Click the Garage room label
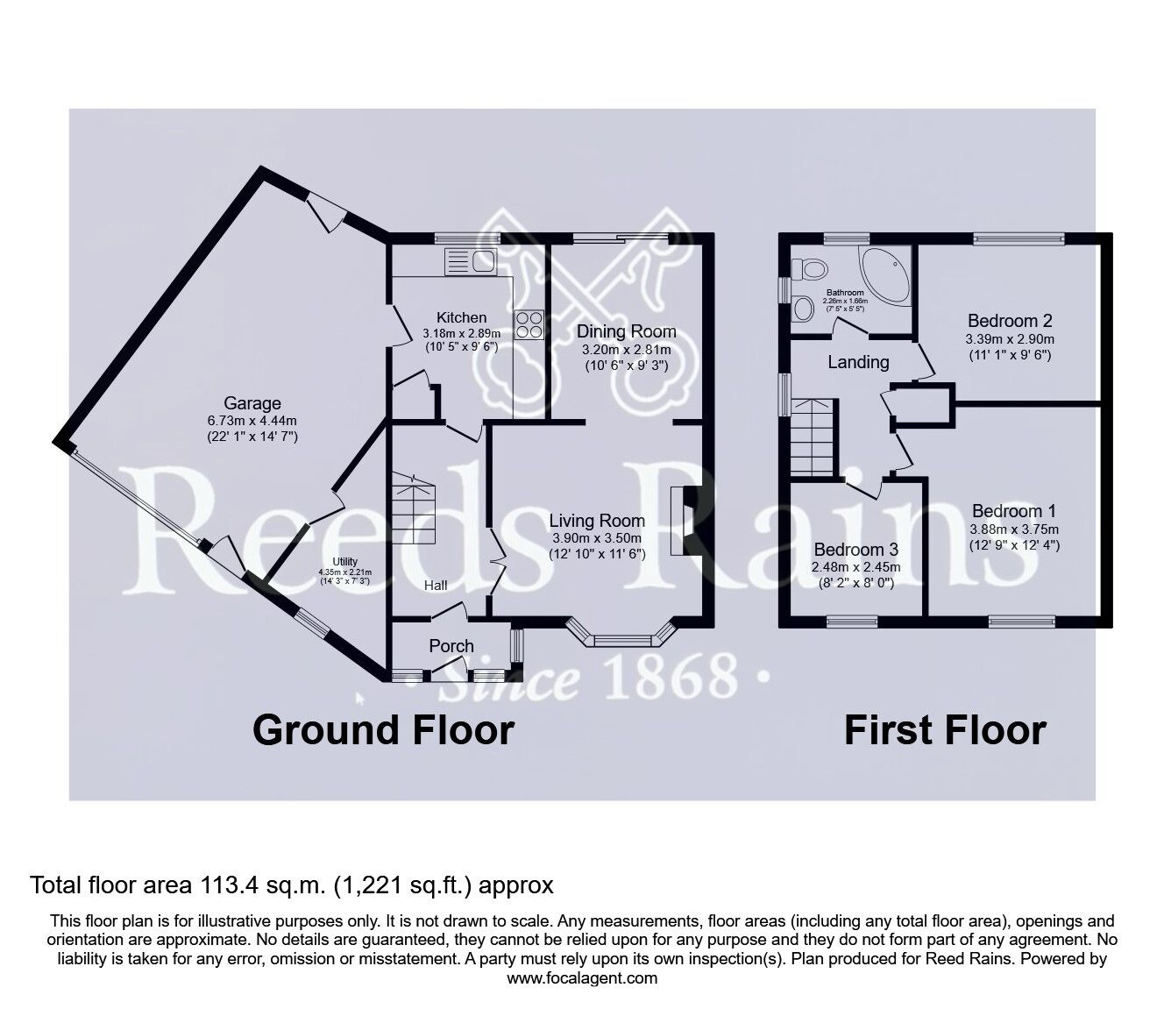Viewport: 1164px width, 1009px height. (252, 403)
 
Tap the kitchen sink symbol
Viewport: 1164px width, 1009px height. (471, 260)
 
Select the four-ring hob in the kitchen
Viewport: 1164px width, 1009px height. (529, 326)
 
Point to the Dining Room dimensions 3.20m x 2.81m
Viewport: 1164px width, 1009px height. (627, 349)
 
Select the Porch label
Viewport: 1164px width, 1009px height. (451, 646)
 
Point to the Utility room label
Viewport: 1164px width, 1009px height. (344, 563)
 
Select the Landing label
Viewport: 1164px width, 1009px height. (858, 362)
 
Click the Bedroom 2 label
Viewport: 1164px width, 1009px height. (1010, 321)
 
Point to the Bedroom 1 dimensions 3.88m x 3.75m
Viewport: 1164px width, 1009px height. (1014, 529)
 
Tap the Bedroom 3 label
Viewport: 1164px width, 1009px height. (856, 550)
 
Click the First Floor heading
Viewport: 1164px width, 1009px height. (945, 730)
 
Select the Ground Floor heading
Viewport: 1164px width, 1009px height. (383, 730)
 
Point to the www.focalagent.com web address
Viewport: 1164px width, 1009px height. (582, 978)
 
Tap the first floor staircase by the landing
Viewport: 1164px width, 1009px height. (812, 436)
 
